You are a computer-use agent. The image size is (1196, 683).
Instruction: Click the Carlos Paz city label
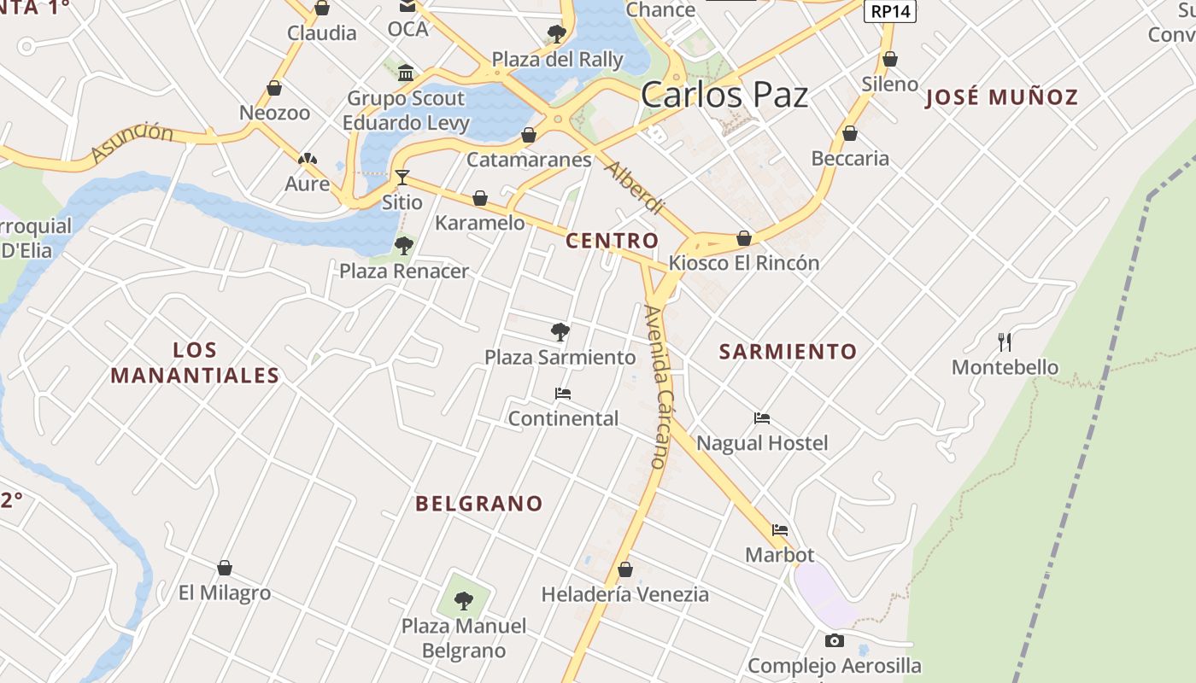724,95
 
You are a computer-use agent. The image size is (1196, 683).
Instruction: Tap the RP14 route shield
890,12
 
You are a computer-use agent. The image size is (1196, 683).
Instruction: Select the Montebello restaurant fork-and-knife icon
1005,342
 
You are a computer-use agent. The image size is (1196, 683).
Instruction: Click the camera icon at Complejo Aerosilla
834,640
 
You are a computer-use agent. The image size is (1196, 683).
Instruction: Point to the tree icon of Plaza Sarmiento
560,331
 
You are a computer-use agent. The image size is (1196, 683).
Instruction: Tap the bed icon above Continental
562,394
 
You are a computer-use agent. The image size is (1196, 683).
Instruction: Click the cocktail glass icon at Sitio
402,178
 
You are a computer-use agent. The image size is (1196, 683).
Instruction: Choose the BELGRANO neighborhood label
478,504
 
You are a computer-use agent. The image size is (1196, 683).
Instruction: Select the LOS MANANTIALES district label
195,363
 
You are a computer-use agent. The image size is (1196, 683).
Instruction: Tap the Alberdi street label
633,187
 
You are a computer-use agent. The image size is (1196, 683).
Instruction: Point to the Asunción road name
132,142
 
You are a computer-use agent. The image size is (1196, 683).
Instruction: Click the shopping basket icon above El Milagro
225,568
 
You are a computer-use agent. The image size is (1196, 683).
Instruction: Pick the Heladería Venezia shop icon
625,569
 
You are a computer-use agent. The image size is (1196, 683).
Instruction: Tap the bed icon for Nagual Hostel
762,418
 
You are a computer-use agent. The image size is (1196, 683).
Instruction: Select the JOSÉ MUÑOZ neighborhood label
1002,97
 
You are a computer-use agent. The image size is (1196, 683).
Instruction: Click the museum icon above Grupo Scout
406,72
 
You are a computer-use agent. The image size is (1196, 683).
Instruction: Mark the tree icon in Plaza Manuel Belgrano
464,601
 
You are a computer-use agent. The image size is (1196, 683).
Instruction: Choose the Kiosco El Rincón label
743,263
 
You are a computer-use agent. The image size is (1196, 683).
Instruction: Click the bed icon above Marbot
779,530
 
